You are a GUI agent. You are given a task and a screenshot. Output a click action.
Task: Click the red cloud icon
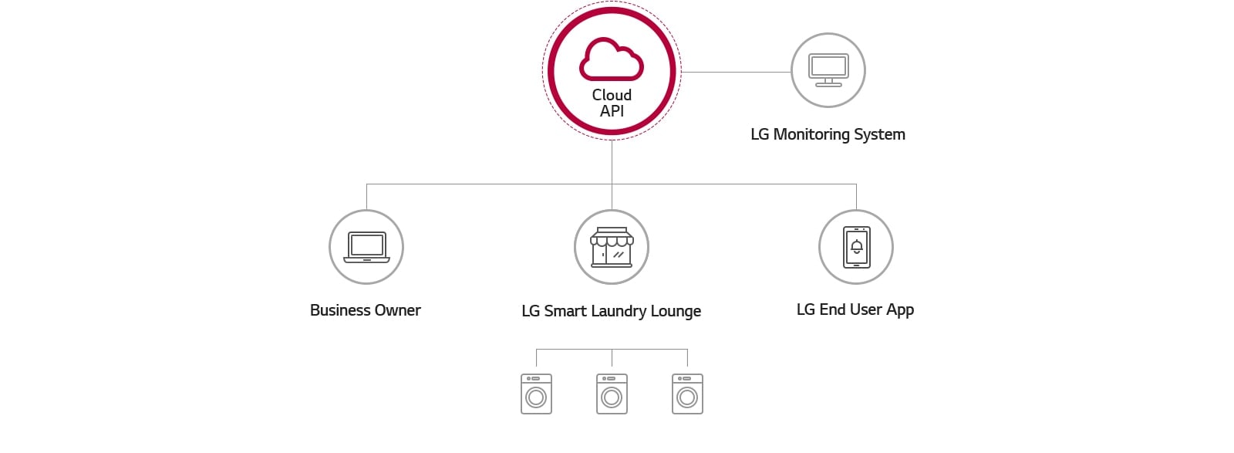612,59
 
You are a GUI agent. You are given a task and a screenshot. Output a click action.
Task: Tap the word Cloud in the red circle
612,95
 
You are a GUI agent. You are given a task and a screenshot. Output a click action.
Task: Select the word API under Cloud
612,111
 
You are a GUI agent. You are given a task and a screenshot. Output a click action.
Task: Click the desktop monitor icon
828,70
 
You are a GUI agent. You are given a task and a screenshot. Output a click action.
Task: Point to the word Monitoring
811,134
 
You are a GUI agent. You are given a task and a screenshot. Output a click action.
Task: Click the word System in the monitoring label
879,134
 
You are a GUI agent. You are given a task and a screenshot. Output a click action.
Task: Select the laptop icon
366,247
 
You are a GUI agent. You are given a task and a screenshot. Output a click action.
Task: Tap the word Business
340,310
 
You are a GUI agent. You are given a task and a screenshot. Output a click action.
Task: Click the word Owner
397,310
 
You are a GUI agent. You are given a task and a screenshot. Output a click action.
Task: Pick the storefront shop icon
612,247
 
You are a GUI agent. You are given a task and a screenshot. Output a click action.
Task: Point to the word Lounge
676,311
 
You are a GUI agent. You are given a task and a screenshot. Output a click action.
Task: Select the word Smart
565,311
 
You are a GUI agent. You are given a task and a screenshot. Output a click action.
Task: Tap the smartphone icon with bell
856,247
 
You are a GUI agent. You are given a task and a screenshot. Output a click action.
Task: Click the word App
900,310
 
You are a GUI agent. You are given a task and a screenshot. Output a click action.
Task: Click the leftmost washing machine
536,394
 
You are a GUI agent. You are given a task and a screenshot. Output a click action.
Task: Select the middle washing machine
612,394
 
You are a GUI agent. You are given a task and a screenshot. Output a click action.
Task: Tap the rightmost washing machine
687,394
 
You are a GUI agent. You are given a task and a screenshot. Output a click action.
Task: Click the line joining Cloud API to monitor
737,72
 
